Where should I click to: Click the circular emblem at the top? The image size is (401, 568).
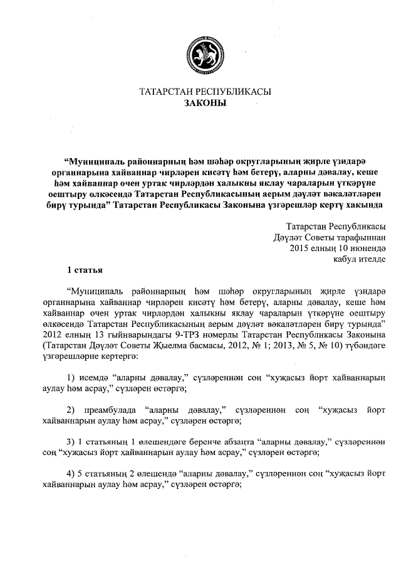200,53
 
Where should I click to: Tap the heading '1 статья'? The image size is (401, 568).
83,271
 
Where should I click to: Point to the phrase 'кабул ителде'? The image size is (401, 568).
360,259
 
